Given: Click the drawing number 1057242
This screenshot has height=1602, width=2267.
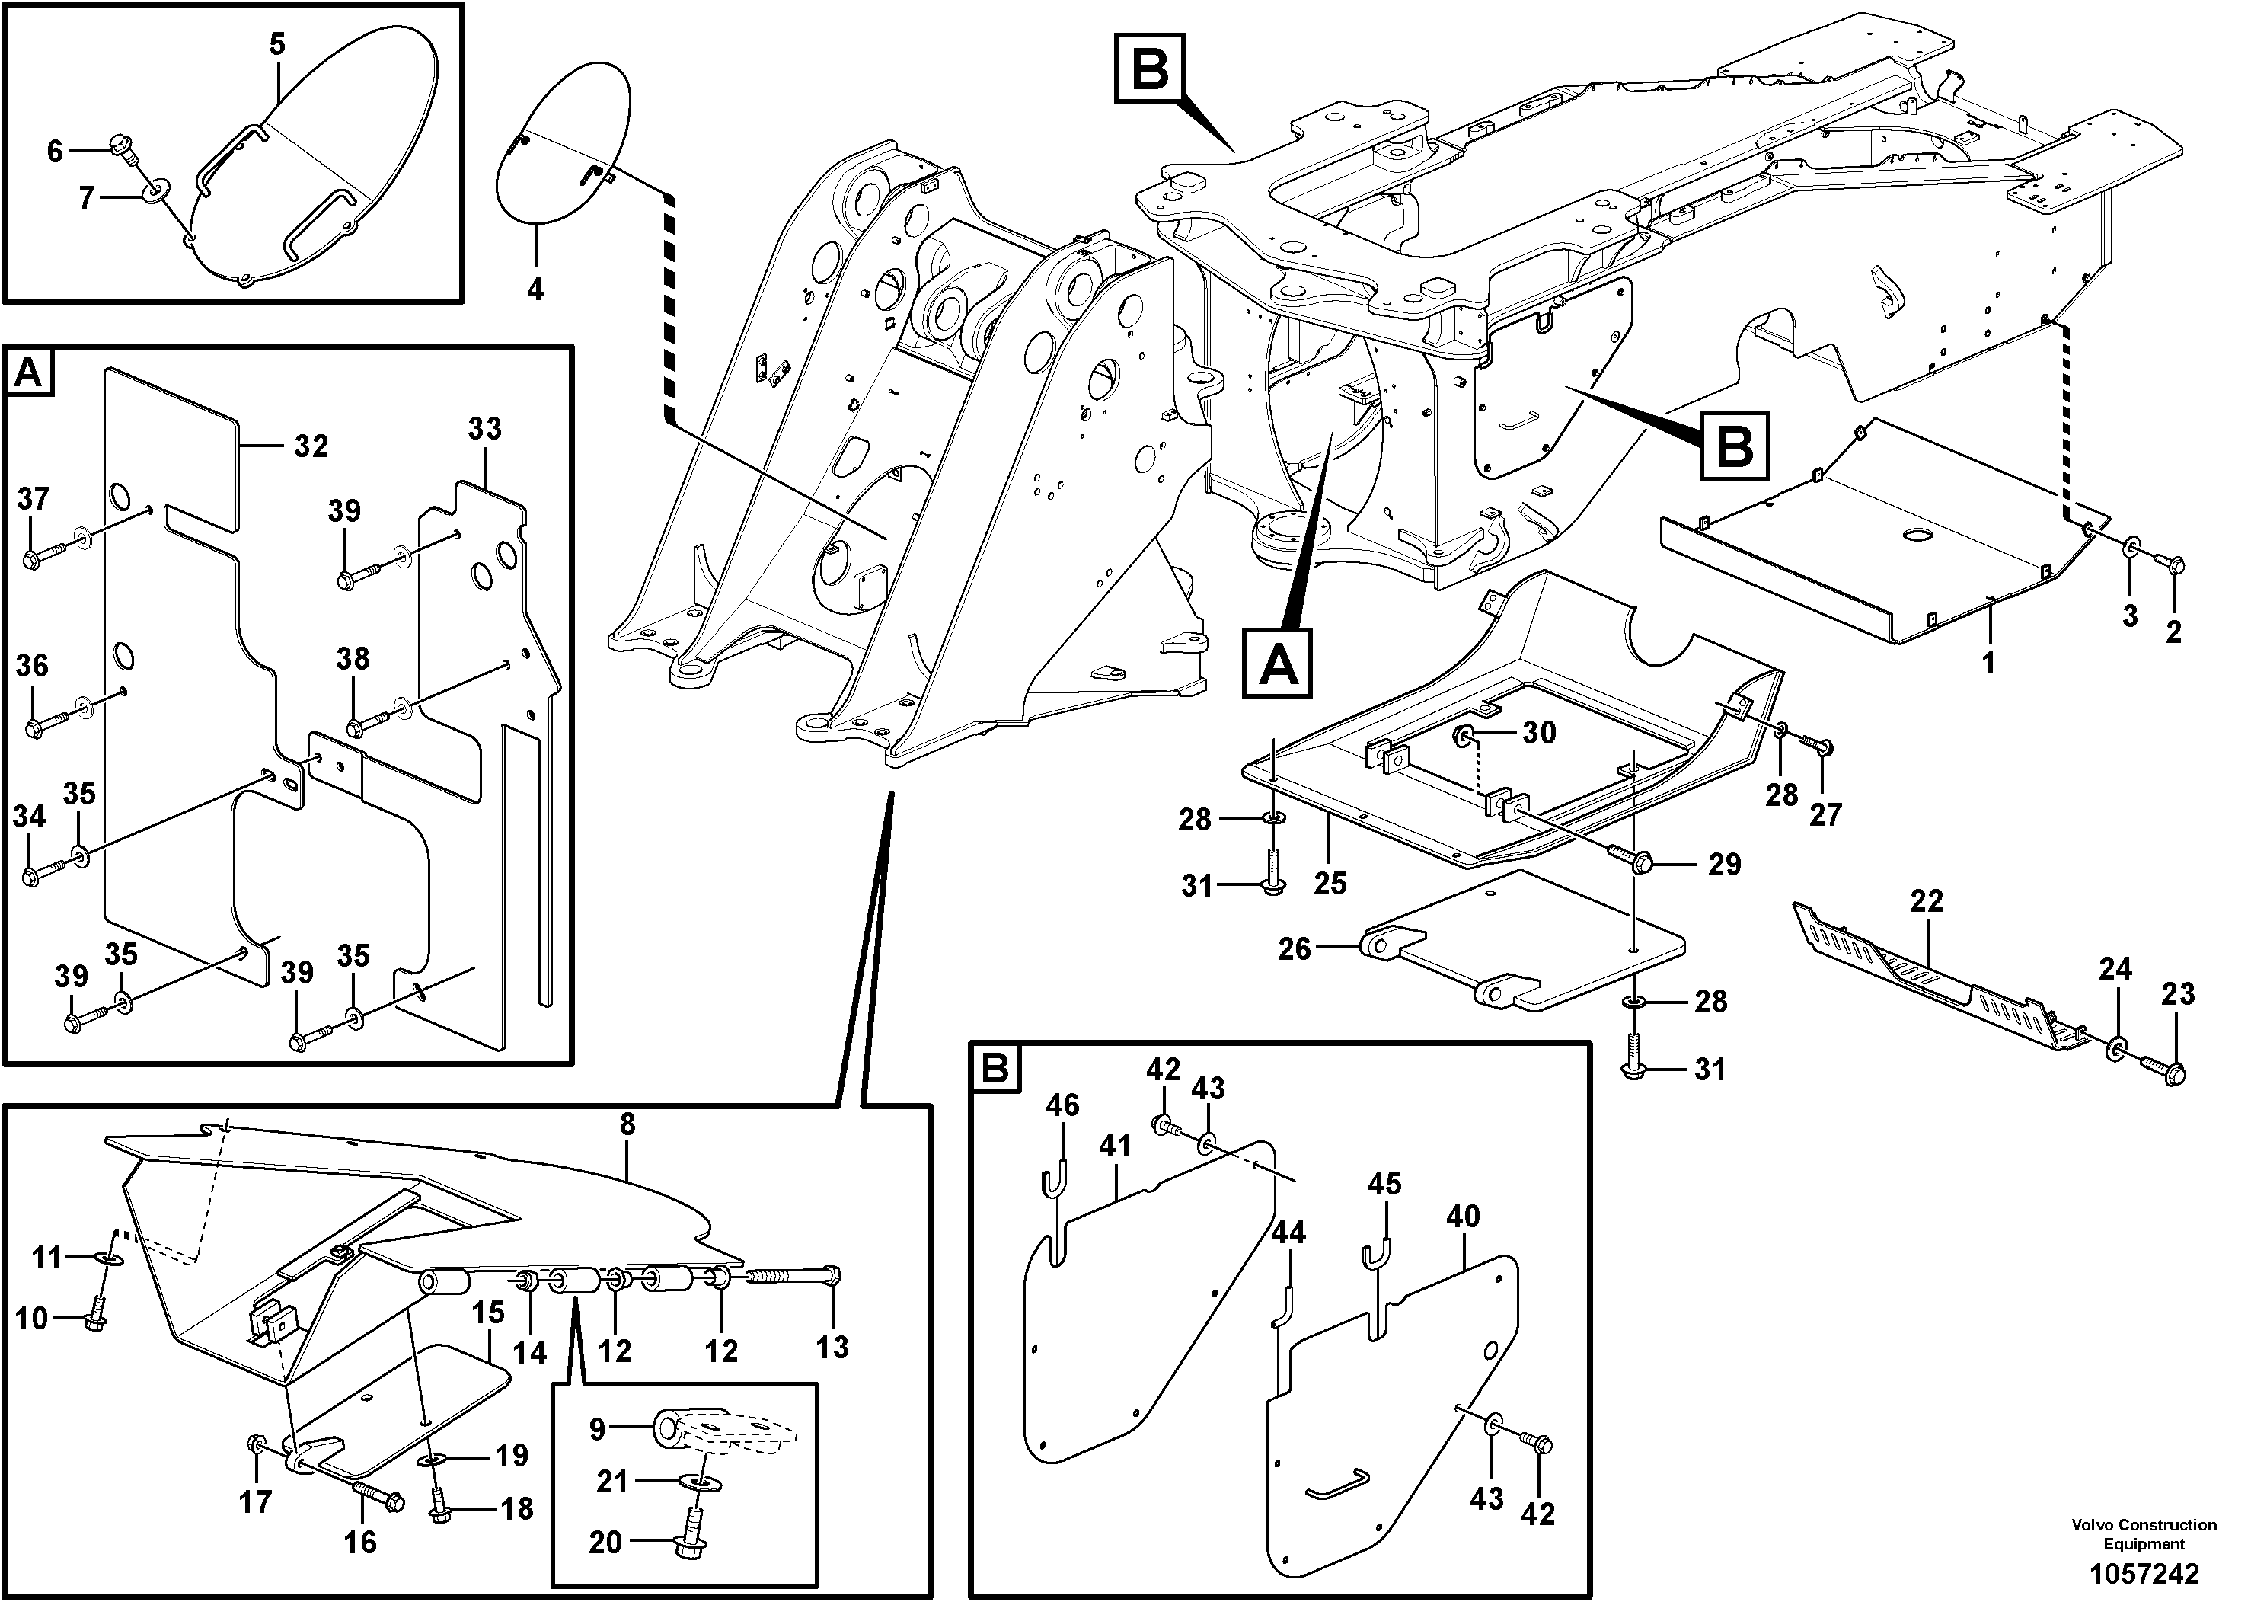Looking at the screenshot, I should point(2144,1572).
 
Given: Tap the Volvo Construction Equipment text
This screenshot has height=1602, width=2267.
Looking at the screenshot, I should point(2144,1534).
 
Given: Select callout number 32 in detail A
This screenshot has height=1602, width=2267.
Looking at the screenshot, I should point(310,446).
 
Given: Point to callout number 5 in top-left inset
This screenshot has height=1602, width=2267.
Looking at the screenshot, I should point(276,44).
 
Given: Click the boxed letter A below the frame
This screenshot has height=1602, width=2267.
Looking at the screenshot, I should point(1279,663).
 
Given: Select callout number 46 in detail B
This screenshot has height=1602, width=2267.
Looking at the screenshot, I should point(1062,1105).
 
